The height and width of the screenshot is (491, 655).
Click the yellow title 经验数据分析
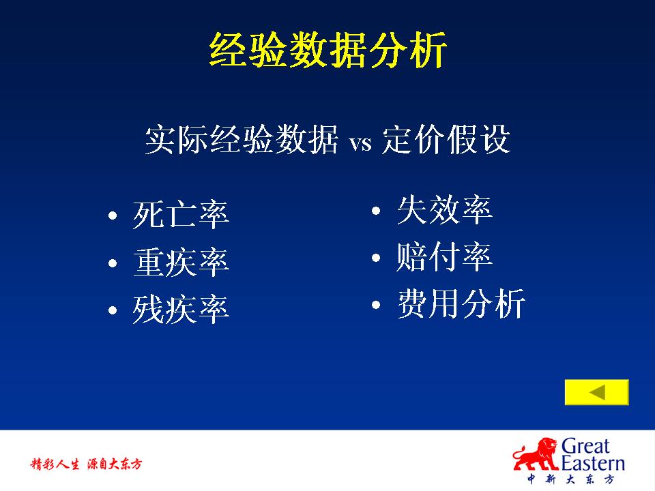pos(328,50)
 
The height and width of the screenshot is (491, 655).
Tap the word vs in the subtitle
pos(360,143)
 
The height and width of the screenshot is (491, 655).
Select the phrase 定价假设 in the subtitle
pos(446,139)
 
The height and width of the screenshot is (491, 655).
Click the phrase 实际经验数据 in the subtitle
pos(242,139)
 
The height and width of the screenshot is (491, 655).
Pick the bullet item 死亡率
pos(181,215)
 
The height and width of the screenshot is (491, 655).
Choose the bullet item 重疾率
pos(181,263)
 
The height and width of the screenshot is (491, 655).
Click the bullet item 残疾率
pos(181,310)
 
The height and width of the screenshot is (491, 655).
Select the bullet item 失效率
pos(444,210)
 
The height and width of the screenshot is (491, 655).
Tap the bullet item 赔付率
pos(444,257)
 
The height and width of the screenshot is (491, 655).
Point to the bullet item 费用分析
pos(461,304)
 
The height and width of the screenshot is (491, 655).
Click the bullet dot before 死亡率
pos(113,216)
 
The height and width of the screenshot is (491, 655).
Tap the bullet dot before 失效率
pos(376,211)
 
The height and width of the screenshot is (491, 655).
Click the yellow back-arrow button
pos(596,392)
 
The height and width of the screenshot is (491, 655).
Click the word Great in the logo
pos(585,446)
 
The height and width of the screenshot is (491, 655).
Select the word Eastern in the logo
pos(592,463)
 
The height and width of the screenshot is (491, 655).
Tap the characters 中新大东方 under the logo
pos(570,479)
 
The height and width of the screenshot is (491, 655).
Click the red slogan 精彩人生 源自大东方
pos(87,464)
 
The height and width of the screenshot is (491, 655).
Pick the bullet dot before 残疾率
pos(113,311)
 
